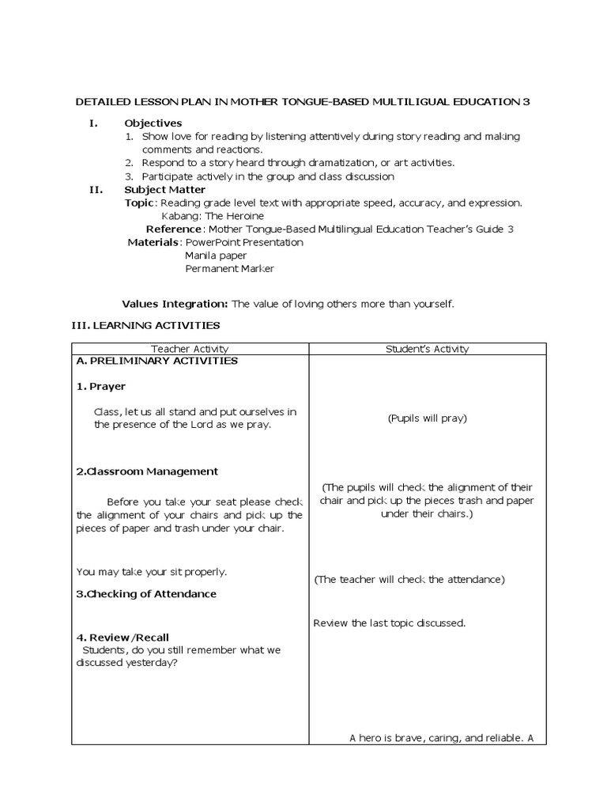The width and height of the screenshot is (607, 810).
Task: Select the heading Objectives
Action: tap(153, 123)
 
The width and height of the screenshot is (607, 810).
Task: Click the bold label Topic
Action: tap(138, 203)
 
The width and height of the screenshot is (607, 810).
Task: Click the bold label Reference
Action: tap(175, 229)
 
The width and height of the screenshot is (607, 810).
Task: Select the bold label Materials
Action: tap(153, 243)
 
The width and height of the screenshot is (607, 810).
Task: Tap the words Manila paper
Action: tap(216, 256)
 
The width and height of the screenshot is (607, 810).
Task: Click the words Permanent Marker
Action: tap(229, 269)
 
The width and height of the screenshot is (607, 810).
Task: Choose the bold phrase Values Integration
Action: tap(175, 304)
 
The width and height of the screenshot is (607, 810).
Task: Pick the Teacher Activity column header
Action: tap(190, 349)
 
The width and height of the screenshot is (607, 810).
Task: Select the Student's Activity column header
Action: tap(427, 349)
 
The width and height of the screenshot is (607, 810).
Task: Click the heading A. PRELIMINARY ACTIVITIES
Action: tap(157, 361)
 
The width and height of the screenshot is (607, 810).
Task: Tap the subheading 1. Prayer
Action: tap(101, 387)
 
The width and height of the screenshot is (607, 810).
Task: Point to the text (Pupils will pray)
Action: tap(427, 418)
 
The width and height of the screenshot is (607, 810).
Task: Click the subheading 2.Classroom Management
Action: tap(147, 471)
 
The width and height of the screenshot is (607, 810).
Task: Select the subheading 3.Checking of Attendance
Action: tap(146, 594)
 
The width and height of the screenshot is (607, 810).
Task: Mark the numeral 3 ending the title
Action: tap(526, 102)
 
